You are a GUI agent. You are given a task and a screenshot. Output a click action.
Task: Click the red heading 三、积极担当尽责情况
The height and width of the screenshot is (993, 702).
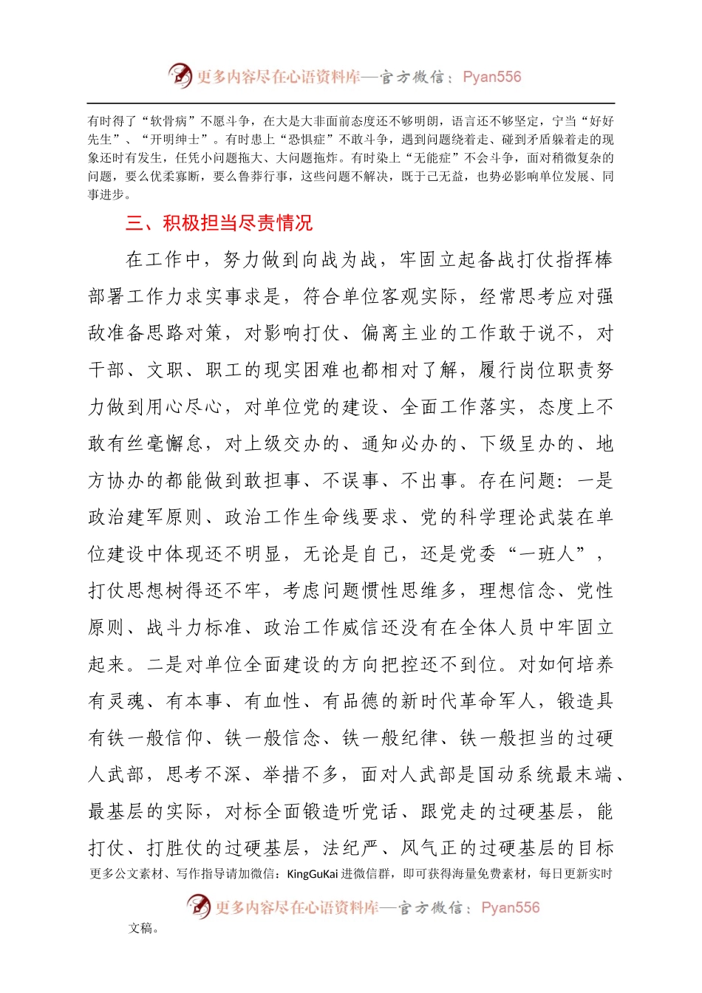click(x=219, y=223)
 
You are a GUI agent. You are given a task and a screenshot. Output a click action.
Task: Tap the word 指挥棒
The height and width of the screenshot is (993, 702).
click(x=585, y=260)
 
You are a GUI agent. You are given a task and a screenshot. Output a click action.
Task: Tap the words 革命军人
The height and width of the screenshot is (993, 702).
click(x=488, y=701)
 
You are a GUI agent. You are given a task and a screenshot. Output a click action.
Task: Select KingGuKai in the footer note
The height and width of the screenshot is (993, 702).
click(x=313, y=874)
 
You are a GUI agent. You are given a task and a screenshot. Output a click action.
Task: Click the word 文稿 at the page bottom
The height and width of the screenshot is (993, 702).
click(x=140, y=929)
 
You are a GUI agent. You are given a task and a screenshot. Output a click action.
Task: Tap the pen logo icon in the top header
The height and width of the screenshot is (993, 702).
click(x=180, y=75)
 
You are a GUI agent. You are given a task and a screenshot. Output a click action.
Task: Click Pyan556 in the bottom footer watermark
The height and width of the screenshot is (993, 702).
click(x=511, y=907)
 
